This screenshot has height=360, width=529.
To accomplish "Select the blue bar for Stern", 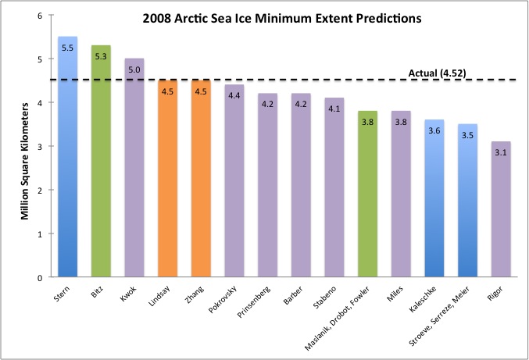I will click(68, 156).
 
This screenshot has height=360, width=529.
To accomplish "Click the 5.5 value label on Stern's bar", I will click(68, 47).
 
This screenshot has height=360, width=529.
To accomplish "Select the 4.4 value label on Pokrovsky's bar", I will click(234, 94).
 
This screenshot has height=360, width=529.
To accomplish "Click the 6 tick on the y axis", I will click(39, 16).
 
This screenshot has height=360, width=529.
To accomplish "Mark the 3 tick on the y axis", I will click(39, 146).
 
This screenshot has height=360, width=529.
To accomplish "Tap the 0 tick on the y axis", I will click(39, 277).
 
